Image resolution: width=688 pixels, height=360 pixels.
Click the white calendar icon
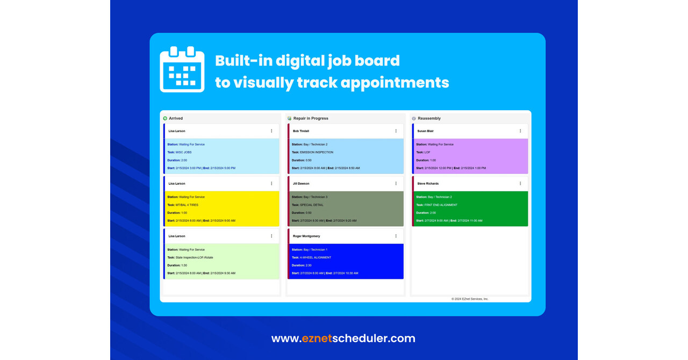[182, 69]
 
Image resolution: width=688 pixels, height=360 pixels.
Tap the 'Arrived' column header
[176, 118]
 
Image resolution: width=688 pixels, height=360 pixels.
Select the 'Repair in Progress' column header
[311, 118]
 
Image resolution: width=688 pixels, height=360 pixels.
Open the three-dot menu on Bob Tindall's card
[396, 131]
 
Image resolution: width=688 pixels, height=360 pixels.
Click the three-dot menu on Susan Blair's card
[520, 131]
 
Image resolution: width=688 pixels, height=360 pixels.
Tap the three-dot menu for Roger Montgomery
[396, 236]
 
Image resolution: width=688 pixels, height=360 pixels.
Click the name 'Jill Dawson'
[302, 184]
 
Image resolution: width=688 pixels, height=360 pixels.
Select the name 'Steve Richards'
[428, 184]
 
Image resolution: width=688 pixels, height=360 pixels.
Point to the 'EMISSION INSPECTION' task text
[317, 152]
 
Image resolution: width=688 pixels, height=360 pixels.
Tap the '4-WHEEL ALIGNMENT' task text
[316, 257]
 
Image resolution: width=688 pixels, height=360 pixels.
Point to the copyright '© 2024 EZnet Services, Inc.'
[470, 299]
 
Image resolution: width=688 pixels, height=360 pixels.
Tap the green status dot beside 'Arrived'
[165, 118]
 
